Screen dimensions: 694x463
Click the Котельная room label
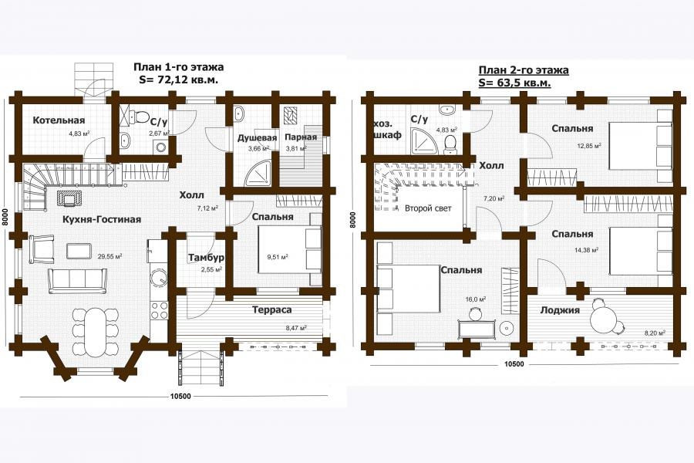tap(59, 120)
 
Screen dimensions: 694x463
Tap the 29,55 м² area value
tap(109, 256)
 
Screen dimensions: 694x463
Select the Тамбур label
tap(206, 258)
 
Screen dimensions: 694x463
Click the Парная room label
tap(301, 137)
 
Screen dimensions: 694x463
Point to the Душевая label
tap(257, 138)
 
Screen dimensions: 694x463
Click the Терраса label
tap(271, 309)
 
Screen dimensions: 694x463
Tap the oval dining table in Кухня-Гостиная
tap(96, 333)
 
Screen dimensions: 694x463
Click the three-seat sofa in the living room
tap(78, 280)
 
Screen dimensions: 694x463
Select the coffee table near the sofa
tap(79, 251)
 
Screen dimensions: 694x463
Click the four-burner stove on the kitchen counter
tap(160, 310)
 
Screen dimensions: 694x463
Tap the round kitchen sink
tap(157, 279)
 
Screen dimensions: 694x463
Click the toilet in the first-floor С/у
tap(141, 117)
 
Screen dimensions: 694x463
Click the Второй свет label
tap(428, 208)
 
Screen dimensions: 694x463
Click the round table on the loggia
tap(603, 318)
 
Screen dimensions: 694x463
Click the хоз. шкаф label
tap(388, 129)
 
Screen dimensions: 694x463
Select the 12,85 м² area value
tap(588, 145)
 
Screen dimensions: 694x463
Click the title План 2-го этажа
tap(524, 70)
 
